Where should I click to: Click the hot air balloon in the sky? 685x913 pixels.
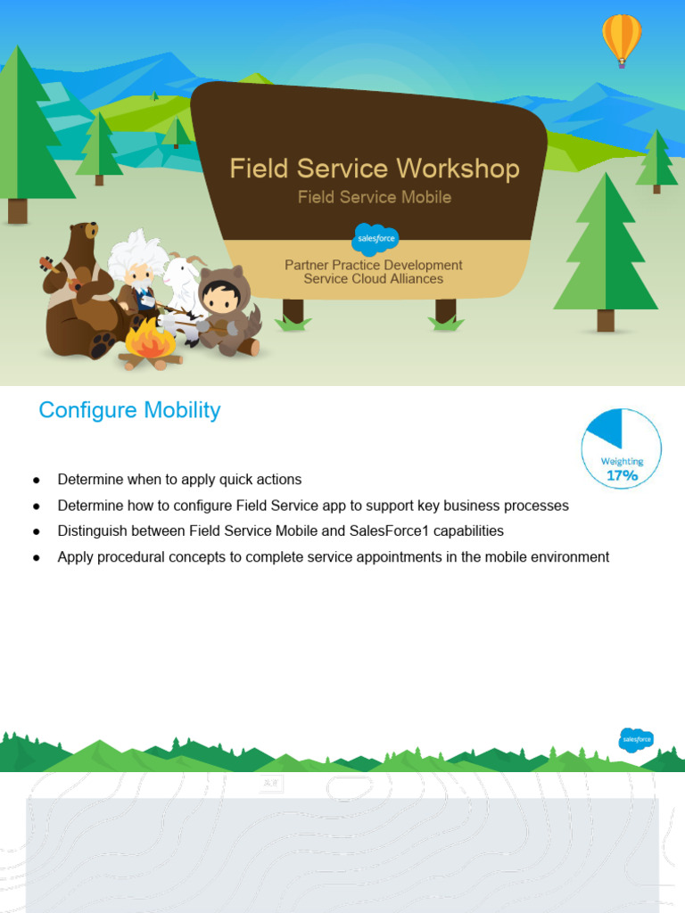coord(622,37)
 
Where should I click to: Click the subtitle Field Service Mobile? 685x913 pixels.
coord(375,197)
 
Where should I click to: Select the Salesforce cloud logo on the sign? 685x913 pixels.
coord(376,239)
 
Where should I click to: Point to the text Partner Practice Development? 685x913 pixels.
coord(374,265)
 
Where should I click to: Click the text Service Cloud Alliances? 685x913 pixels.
coord(374,279)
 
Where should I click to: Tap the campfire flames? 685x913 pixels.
coord(149,340)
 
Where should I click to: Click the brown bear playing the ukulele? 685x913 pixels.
coord(78,285)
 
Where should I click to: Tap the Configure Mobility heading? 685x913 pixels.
coord(129,410)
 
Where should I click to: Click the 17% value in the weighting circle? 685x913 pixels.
coord(623,476)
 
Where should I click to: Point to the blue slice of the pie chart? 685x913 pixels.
coord(605,428)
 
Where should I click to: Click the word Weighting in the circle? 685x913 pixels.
coord(622,461)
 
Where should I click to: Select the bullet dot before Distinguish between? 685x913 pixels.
coord(37,531)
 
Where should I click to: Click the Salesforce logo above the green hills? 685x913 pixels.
coord(636,739)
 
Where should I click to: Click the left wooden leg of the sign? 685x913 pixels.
coord(293,311)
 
